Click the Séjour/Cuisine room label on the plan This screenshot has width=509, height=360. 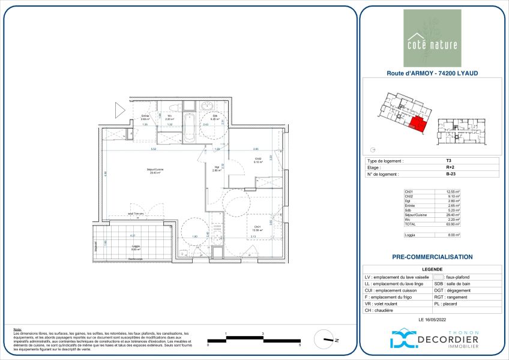140,170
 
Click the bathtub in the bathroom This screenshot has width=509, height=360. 189,128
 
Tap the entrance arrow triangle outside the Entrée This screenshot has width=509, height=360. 119,109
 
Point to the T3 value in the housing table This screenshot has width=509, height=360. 448,161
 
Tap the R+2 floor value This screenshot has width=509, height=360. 449,168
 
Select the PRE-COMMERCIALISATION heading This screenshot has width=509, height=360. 432,257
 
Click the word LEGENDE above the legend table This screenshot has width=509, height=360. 432,270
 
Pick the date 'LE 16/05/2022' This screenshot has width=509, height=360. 432,319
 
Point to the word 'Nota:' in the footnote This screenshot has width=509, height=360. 17,329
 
